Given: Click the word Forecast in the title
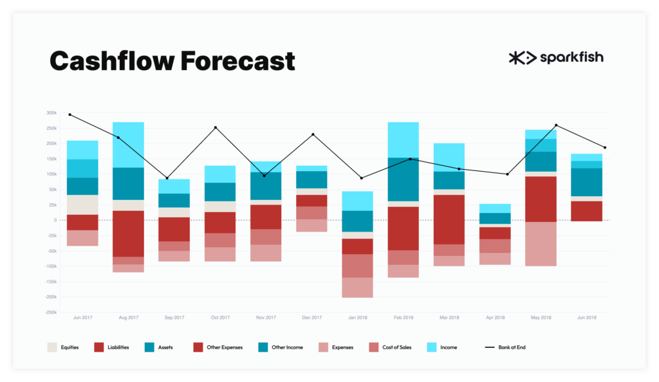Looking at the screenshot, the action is point(238,61).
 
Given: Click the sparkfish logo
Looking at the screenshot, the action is point(556,57).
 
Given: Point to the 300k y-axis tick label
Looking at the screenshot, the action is point(51,113).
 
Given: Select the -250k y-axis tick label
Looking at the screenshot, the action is point(50,313).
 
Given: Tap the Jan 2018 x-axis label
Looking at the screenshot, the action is point(358,317).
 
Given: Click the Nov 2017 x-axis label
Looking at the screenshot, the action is point(266,317).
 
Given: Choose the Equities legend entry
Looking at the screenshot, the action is point(63,347).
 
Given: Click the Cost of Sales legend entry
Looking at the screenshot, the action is point(390,347).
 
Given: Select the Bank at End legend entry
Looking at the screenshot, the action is point(505,347).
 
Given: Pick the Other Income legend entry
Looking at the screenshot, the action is point(281,347).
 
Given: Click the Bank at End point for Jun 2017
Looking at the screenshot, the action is point(70,114).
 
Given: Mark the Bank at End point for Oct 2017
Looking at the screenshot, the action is point(216,127).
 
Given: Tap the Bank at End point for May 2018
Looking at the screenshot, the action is point(557,125).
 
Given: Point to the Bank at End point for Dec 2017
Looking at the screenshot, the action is point(313,134).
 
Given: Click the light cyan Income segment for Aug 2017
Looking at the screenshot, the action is point(128,145).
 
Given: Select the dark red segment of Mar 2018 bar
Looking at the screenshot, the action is point(449,219).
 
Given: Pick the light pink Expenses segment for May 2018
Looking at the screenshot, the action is point(541,244).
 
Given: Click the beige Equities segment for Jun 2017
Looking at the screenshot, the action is point(82,205).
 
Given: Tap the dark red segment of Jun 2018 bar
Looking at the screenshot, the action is point(587,211).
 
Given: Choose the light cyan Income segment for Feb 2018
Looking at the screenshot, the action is point(404,140).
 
